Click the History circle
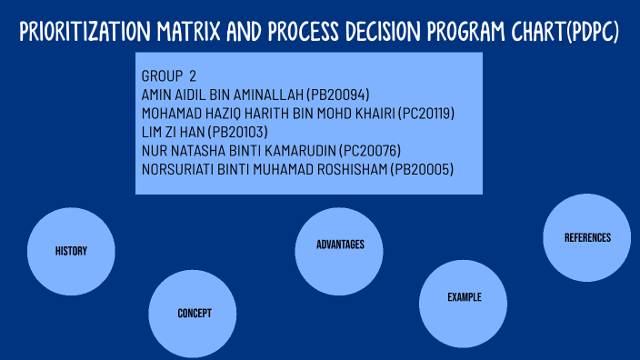pos(71,251)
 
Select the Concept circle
pos(194,313)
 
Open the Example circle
pos(464,298)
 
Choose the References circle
pos(587,238)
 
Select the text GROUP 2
pos(169,75)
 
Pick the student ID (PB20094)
pos(338,95)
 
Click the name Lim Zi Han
pos(177,132)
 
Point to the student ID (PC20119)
pos(418,114)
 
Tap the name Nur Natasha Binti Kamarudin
pos(236,151)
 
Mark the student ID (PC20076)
pos(368,151)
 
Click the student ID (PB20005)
pos(421,170)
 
